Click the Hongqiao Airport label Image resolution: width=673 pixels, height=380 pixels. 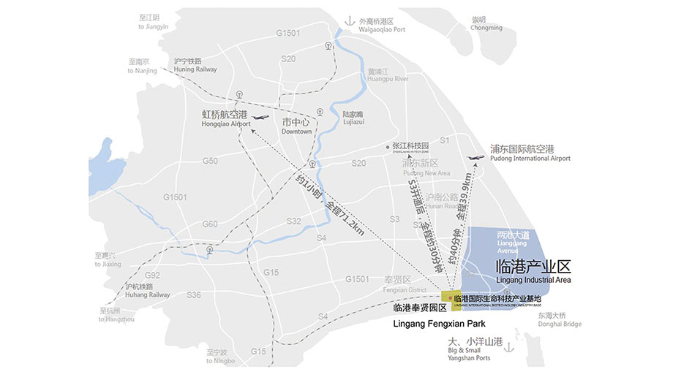[225, 119]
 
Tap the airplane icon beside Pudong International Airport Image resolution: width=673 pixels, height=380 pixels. [476, 156]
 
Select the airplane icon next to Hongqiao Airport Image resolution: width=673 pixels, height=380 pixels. [259, 117]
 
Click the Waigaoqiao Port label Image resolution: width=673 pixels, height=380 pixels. [381, 26]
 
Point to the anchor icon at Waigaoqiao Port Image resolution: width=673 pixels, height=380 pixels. [350, 21]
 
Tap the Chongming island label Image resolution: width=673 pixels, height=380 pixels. [486, 23]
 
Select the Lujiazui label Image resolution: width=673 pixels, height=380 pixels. [353, 118]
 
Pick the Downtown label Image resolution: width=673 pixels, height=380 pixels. [296, 126]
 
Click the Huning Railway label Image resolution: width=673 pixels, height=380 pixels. [195, 65]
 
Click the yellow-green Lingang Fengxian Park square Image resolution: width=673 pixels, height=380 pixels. [451, 301]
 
